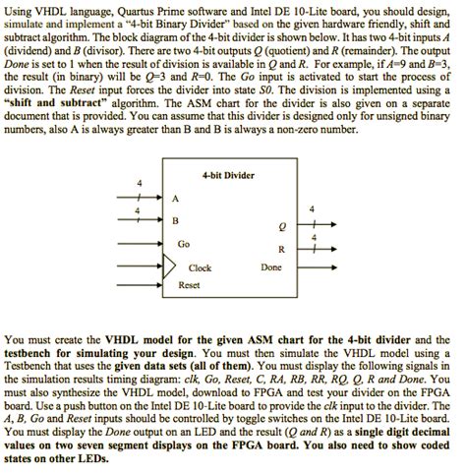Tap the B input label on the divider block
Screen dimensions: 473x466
(176, 219)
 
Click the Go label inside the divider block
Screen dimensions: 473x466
(184, 244)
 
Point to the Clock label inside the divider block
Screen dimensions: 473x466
(200, 267)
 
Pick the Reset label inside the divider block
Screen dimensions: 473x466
(189, 284)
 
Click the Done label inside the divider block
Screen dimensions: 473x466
(270, 267)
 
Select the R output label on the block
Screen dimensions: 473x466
(282, 249)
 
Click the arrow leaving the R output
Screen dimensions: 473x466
(313, 249)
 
